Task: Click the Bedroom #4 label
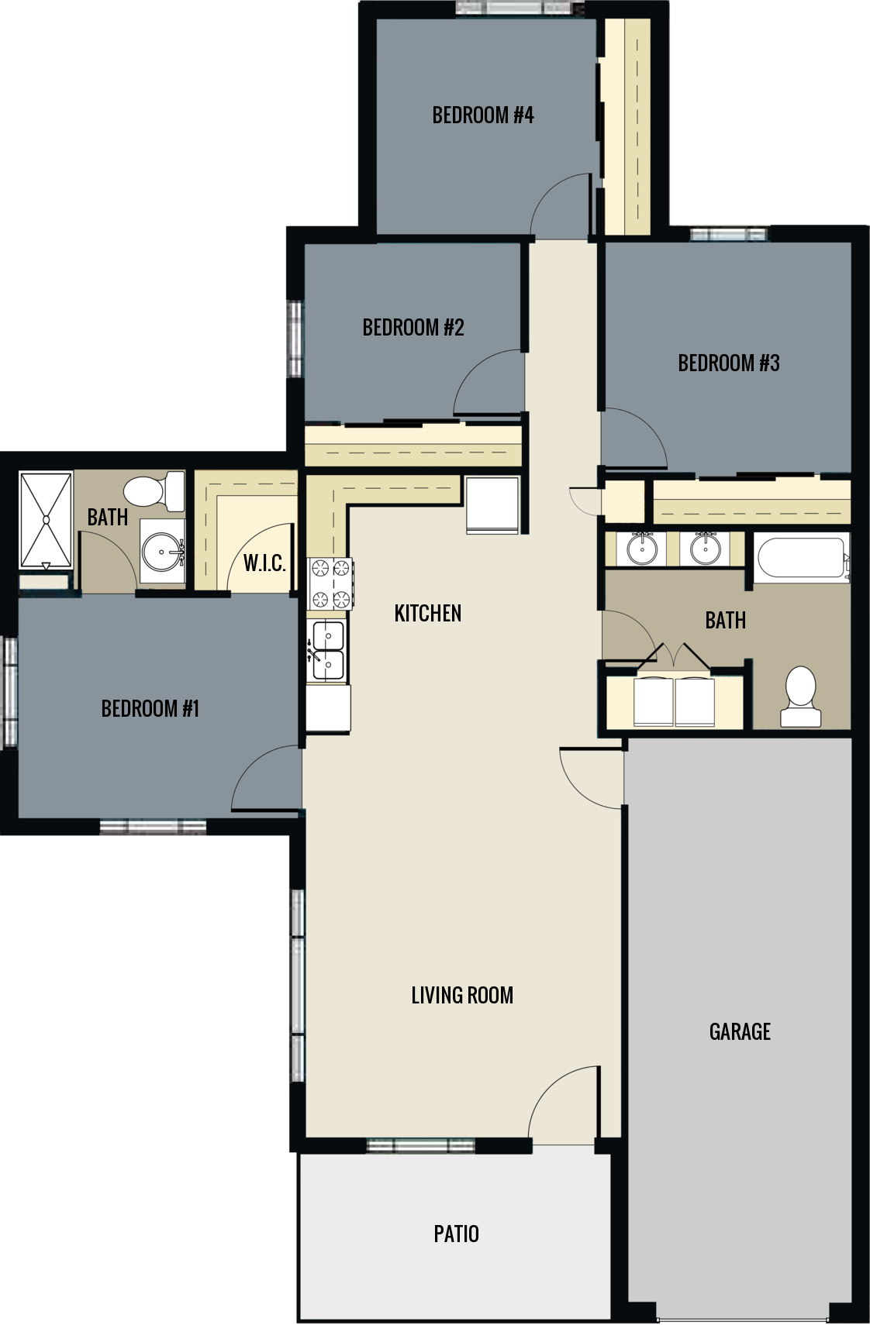coord(482,115)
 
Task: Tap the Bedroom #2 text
coord(413,327)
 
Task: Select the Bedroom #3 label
coord(728,363)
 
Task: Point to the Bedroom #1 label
coord(150,708)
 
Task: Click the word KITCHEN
coord(427,613)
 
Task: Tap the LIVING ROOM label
coord(462,995)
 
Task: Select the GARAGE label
coord(740,1031)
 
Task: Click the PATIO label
coord(456,1233)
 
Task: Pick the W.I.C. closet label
coord(264,563)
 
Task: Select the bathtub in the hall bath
coord(799,559)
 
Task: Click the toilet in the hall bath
coord(800,695)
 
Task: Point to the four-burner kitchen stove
coord(331,583)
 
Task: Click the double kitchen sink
coord(326,651)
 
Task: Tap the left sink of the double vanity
coord(641,549)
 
